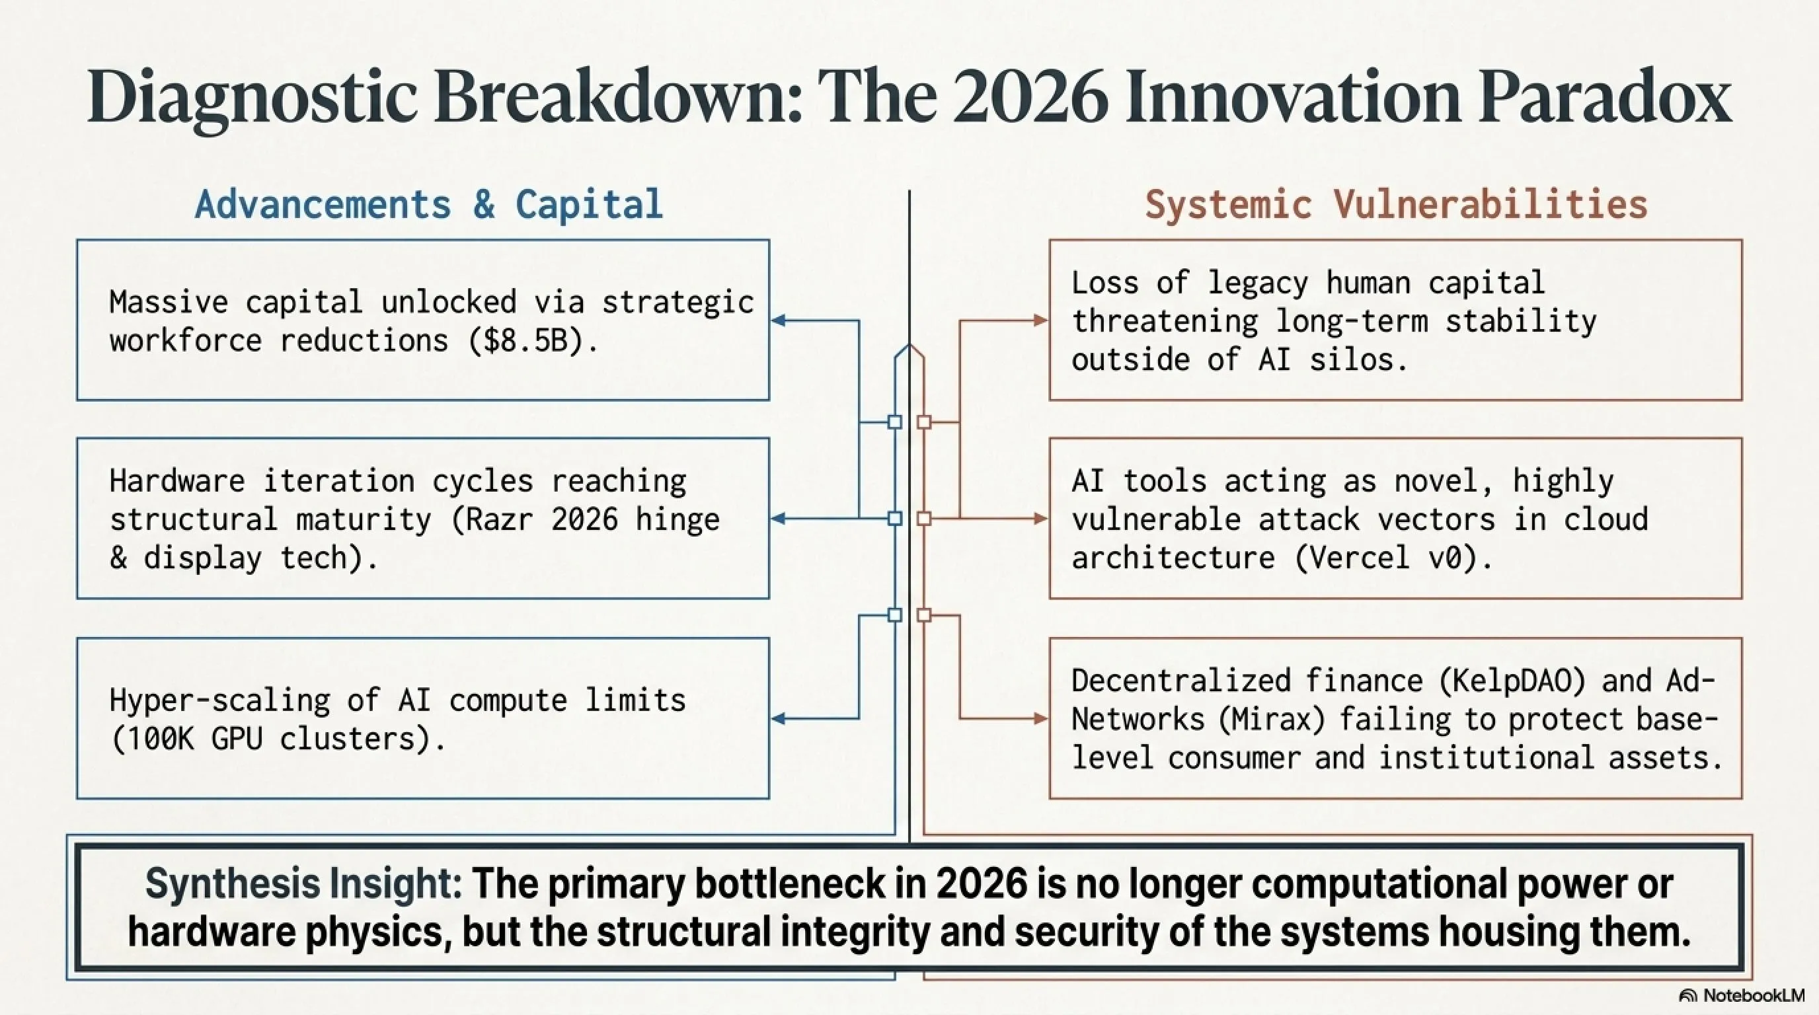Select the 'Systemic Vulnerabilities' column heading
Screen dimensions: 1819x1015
click(1396, 206)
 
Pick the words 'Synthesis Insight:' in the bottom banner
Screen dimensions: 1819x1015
click(303, 883)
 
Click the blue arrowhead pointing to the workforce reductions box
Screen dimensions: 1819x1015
click(779, 320)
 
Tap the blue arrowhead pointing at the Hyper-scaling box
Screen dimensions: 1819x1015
click(779, 719)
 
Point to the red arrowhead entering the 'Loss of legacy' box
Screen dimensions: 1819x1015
click(1041, 320)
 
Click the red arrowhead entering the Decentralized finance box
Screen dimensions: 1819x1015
click(1041, 719)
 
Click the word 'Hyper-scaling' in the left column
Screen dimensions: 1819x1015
click(219, 701)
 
